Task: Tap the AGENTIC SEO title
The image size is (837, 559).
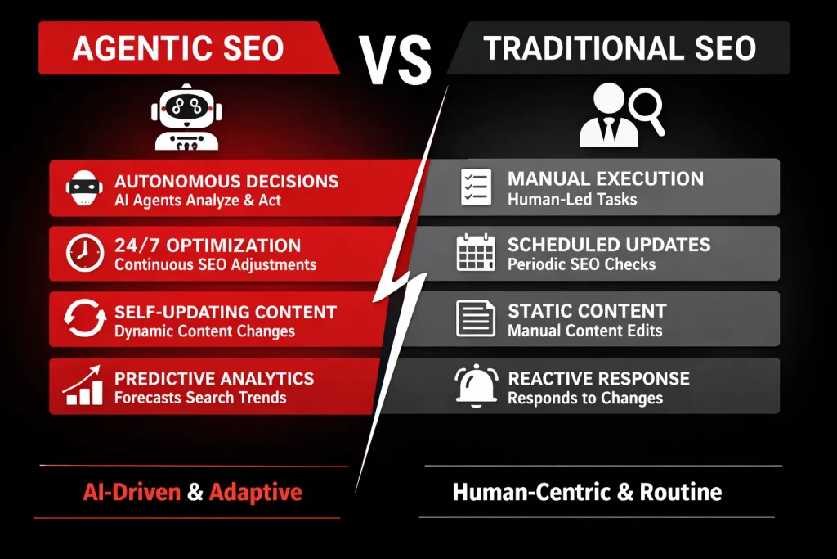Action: tap(178, 48)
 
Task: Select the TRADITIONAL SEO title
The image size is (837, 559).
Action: tap(619, 48)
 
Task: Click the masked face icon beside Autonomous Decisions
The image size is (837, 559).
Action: tap(83, 188)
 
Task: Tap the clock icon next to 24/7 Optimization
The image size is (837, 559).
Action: tap(83, 254)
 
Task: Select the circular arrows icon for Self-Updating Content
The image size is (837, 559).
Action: tap(83, 320)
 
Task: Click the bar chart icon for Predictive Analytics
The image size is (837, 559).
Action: tap(83, 386)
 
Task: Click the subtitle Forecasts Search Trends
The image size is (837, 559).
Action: tap(200, 398)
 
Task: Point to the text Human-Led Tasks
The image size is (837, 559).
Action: tap(571, 199)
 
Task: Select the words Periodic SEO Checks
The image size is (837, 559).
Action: tap(580, 265)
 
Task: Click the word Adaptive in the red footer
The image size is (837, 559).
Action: tap(256, 492)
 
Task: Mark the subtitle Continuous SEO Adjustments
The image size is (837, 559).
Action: tap(215, 265)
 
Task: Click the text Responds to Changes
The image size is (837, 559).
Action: tap(585, 399)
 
